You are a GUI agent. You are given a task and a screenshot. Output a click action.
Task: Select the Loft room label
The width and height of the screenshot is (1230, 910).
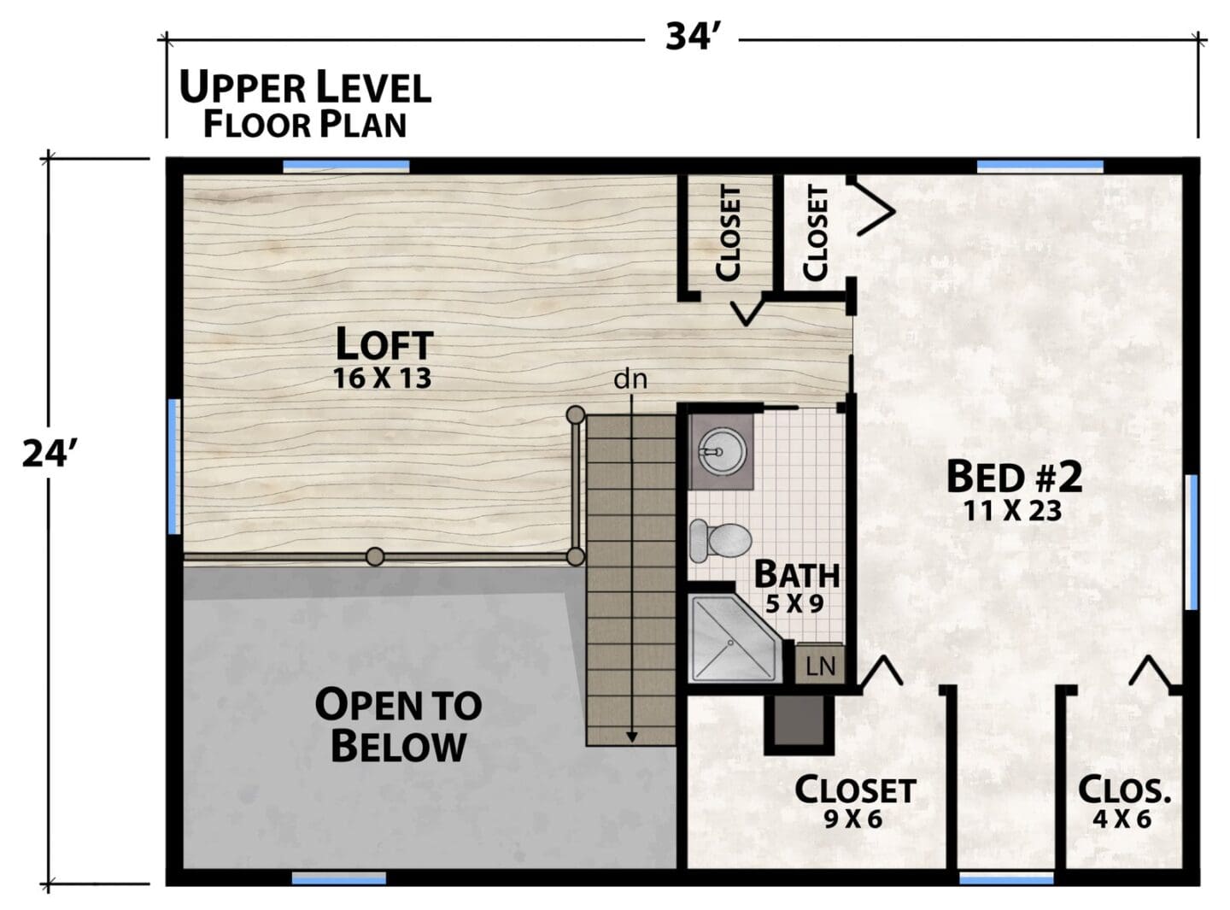pyautogui.click(x=384, y=344)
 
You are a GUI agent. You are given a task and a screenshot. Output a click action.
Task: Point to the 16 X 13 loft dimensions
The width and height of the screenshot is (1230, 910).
pyautogui.click(x=382, y=378)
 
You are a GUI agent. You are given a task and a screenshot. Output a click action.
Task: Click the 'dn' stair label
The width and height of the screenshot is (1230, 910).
pyautogui.click(x=630, y=379)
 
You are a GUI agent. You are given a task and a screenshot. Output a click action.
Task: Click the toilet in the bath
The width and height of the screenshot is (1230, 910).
pyautogui.click(x=720, y=540)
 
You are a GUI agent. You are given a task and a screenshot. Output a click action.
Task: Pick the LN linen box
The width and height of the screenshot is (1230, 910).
pyautogui.click(x=820, y=664)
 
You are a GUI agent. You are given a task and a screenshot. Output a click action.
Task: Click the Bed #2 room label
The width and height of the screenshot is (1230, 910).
pyautogui.click(x=1014, y=477)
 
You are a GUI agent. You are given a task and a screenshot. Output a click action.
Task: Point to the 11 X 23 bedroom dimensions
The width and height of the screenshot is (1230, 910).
pyautogui.click(x=1013, y=511)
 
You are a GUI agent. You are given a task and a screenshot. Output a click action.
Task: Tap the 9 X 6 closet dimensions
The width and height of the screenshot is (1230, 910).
pyautogui.click(x=853, y=819)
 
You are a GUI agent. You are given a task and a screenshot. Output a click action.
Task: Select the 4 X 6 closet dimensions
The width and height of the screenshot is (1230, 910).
pyautogui.click(x=1122, y=819)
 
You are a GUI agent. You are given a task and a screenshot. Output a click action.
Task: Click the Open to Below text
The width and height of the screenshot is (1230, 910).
pyautogui.click(x=398, y=725)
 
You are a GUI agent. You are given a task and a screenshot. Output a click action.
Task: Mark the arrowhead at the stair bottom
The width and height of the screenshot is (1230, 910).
pyautogui.click(x=631, y=737)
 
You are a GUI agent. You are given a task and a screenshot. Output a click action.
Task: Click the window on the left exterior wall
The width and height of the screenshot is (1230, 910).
pyautogui.click(x=174, y=466)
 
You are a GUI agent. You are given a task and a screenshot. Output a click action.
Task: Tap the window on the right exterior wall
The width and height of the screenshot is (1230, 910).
pyautogui.click(x=1192, y=542)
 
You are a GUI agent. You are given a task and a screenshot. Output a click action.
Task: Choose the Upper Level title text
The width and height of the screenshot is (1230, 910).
pyautogui.click(x=305, y=88)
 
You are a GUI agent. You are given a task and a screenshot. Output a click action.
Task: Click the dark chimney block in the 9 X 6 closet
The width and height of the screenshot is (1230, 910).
pyautogui.click(x=799, y=725)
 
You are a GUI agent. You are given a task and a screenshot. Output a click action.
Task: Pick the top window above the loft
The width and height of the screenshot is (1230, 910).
pyautogui.click(x=346, y=166)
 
